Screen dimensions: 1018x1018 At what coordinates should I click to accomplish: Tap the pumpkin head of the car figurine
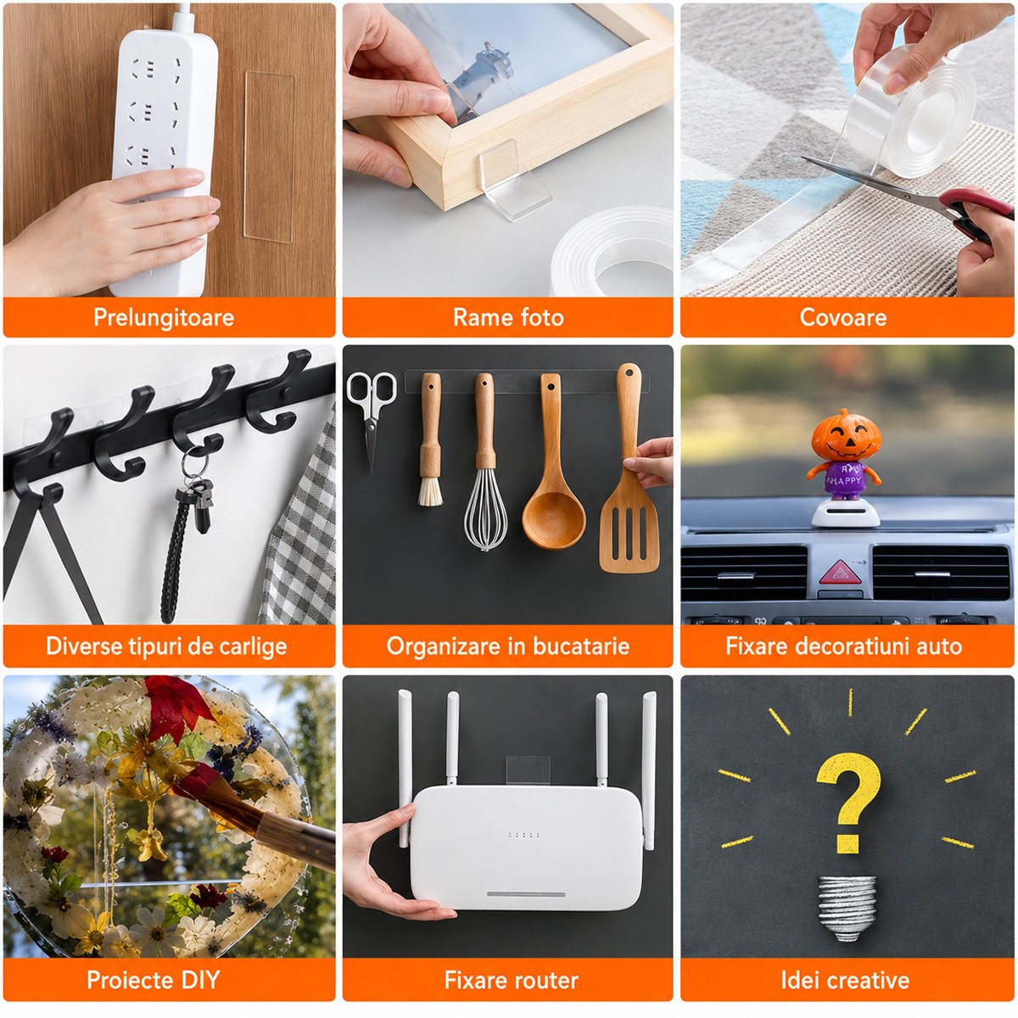[847, 435]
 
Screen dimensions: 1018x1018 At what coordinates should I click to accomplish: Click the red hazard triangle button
[840, 573]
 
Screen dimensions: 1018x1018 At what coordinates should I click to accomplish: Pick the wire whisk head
[485, 510]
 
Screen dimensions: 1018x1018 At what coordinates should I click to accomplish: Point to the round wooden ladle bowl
[554, 520]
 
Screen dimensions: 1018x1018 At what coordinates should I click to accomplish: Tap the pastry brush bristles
[431, 492]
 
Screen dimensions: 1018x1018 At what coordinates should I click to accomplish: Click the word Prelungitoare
[164, 317]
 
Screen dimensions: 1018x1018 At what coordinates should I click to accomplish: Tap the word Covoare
[842, 317]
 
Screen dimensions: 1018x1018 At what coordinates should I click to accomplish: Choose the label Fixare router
[511, 980]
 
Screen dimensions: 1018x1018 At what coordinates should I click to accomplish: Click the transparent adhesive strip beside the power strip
[269, 156]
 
